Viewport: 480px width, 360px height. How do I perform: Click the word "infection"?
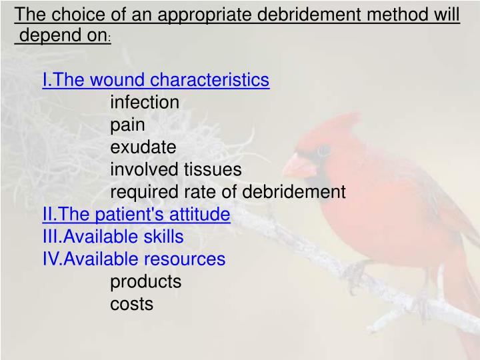(145, 102)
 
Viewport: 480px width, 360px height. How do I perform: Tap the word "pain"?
(127, 125)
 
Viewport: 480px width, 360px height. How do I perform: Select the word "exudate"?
(143, 147)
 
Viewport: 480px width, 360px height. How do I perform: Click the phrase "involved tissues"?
(175, 169)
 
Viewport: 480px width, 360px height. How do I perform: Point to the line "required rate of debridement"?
(227, 192)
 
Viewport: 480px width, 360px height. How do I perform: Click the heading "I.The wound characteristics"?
(155, 80)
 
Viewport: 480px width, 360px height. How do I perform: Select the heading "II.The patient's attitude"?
(136, 214)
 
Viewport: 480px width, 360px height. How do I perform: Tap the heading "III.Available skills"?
(113, 237)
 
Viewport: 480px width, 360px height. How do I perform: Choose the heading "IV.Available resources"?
(133, 259)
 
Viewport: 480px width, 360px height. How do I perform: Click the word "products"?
(145, 281)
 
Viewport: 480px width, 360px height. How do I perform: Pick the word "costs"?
(131, 304)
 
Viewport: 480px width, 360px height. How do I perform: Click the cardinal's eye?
(323, 151)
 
